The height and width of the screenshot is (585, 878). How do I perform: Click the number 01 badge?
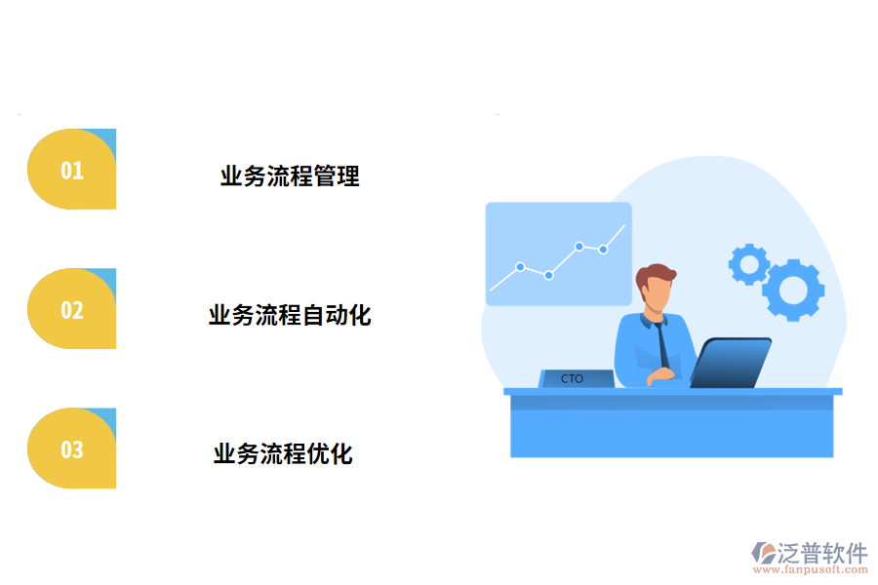point(72,170)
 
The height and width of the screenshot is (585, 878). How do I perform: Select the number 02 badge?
point(72,309)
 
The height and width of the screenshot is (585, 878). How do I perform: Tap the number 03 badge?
point(72,449)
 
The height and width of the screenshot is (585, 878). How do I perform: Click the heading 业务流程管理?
point(290,176)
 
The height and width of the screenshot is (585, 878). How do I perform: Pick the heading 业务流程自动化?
point(290,316)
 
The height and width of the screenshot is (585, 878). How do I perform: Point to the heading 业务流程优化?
point(283,454)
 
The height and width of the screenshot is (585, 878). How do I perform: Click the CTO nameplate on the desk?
point(575,378)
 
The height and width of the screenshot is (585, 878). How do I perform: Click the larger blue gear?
point(793,289)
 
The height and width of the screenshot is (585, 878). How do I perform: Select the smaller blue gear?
point(749,263)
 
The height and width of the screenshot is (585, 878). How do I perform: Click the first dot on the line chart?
point(520,266)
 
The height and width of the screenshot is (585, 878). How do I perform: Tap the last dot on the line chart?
point(603,250)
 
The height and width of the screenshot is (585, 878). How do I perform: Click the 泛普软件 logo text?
point(822,553)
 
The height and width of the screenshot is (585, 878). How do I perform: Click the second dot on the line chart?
point(549,275)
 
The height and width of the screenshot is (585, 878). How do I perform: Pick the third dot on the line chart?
point(579,247)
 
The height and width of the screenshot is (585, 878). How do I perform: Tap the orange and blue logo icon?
point(763,554)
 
